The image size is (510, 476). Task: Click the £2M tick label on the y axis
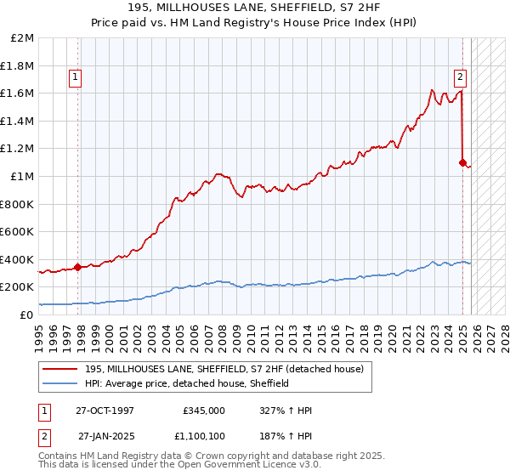tap(23, 38)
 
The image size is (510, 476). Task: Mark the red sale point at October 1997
tap(78, 267)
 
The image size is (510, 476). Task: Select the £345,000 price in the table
tap(203, 410)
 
